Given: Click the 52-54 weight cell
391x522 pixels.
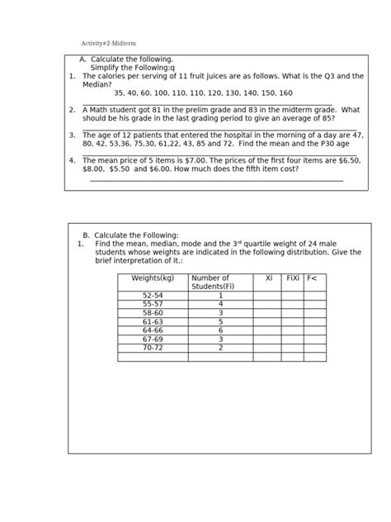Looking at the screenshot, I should coord(153,295).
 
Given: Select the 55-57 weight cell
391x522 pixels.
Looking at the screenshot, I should coord(153,304).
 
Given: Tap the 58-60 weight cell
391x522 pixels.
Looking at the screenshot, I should coord(153,313).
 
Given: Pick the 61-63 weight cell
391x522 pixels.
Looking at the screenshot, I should coord(153,322).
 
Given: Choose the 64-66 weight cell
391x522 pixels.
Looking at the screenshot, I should coord(153,330).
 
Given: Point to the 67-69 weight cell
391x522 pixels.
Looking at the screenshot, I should coord(153,339).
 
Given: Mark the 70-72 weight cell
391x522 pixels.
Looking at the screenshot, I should coord(153,348).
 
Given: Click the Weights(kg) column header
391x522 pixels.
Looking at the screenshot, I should coord(153,278).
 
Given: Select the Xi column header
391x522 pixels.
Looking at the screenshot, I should coord(268,278).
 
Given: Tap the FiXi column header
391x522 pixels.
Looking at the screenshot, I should coord(293,278).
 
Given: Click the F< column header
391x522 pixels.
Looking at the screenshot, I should coord(312,278).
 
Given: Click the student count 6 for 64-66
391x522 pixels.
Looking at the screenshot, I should coord(221,330).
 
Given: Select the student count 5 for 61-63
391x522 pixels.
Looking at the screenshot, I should coord(221,322).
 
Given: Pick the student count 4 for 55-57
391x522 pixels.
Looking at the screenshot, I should coord(221,304).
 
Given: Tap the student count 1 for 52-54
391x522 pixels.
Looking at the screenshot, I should coord(221,295).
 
